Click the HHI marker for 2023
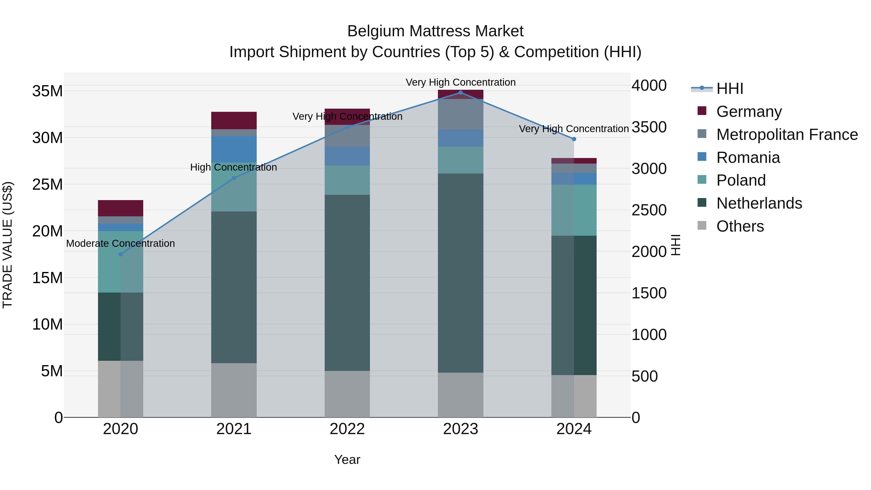coord(460,92)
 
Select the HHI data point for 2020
coord(120,254)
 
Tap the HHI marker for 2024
coord(574,139)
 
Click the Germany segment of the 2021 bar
coord(234,121)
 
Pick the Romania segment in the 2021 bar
coord(234,149)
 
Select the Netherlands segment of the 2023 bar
coord(460,273)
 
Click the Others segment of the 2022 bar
coord(347,394)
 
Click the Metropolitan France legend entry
coord(787,135)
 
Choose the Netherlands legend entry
coord(759,203)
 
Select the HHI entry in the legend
coord(729,89)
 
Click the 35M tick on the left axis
coord(47,91)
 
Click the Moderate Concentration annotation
coord(120,243)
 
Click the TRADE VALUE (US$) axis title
coord(8,245)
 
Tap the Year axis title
coord(347,460)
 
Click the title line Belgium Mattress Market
coord(435,31)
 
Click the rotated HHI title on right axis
coord(675,245)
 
